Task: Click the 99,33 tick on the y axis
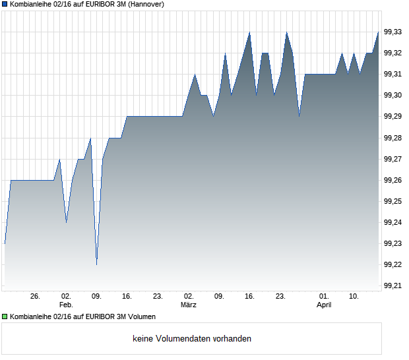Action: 393,32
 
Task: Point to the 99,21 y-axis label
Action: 393,285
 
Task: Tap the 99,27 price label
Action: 393,159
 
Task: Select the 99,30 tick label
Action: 393,96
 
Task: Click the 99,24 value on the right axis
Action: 393,222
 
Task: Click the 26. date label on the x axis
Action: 35,297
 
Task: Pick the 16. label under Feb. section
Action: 127,297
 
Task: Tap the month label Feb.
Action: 65,305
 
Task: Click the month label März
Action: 189,305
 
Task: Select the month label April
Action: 323,305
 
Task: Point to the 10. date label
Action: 354,297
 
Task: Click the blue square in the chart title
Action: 5,5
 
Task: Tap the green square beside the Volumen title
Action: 5,317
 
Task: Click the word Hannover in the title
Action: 145,5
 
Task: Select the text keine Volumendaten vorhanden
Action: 192,339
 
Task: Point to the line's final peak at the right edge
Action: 379,32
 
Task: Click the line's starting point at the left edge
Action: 5,243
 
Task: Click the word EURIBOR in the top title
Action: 86,5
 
